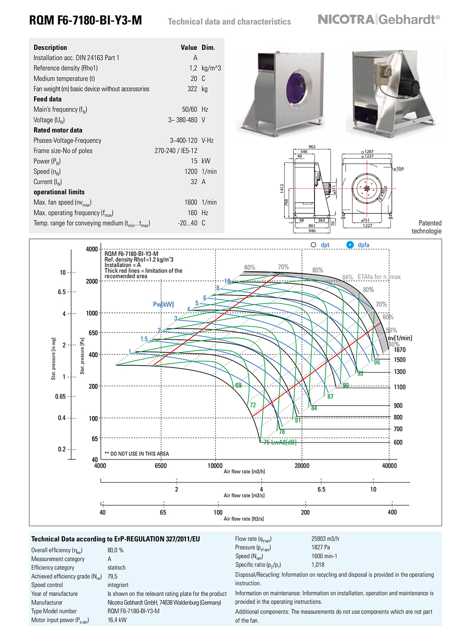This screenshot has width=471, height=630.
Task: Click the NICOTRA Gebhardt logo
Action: click(x=379, y=19)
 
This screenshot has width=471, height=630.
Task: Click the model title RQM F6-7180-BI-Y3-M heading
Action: click(x=85, y=20)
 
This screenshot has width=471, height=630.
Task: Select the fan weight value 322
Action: click(x=192, y=89)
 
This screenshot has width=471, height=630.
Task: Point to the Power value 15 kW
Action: click(x=200, y=161)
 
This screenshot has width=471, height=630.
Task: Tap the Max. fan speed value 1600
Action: click(x=191, y=202)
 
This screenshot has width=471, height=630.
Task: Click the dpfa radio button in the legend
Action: click(x=350, y=245)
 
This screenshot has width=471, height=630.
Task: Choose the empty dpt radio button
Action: click(x=314, y=245)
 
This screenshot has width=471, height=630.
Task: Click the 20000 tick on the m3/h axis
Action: click(x=302, y=466)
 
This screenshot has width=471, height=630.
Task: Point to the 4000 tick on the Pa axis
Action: click(x=92, y=249)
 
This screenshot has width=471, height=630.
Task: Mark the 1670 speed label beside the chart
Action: click(x=399, y=350)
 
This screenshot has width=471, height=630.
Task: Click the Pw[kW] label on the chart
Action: click(x=163, y=304)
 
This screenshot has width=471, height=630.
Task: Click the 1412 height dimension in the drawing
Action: click(x=282, y=189)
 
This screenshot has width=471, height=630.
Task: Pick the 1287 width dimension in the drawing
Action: click(x=368, y=152)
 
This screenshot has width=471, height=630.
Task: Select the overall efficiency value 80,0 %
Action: click(x=115, y=550)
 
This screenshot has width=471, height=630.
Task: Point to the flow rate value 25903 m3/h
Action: click(x=325, y=539)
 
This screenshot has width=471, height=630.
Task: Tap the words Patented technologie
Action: click(x=428, y=227)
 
